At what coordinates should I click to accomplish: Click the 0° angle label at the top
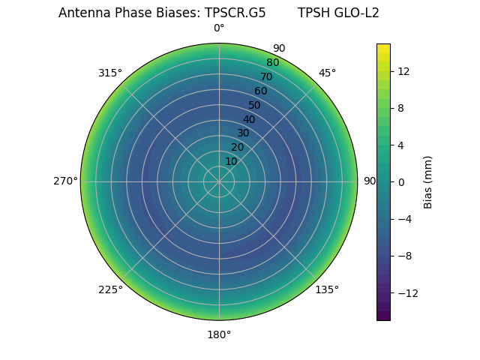tap(219, 28)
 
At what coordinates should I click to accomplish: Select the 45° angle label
tap(327, 73)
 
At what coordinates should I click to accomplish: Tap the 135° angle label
tap(327, 289)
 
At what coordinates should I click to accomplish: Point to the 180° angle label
tap(219, 334)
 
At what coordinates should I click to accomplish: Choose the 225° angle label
tap(110, 289)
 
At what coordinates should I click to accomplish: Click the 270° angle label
tap(65, 181)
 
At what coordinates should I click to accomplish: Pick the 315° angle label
tap(110, 73)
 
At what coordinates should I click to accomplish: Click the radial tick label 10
tap(231, 161)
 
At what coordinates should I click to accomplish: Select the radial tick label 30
tap(243, 133)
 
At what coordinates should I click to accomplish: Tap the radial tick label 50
tap(255, 105)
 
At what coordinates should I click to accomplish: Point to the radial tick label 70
tap(266, 76)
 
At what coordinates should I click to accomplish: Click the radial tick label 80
tap(272, 63)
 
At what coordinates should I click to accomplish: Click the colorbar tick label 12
tap(403, 71)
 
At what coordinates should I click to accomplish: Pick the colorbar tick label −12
tap(406, 293)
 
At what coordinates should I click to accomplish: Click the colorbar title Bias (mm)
tap(428, 182)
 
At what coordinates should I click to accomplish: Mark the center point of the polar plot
tap(219, 181)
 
